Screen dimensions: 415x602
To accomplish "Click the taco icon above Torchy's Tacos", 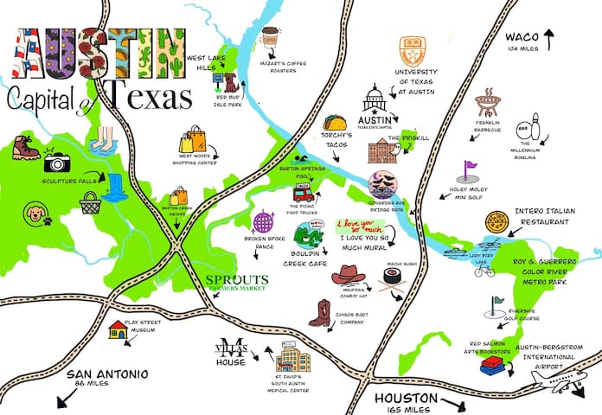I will click(335, 123).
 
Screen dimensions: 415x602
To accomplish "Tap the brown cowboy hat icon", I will click(349, 275).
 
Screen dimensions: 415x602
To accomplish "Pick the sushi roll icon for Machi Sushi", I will click(395, 278).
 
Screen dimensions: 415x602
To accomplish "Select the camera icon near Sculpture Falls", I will click(57, 162).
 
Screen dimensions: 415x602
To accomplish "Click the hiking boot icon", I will click(25, 150).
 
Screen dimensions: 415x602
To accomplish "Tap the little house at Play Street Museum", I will click(118, 329).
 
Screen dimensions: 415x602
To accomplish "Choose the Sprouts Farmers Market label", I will click(237, 281).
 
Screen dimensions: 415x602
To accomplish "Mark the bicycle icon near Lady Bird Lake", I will click(484, 271).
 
